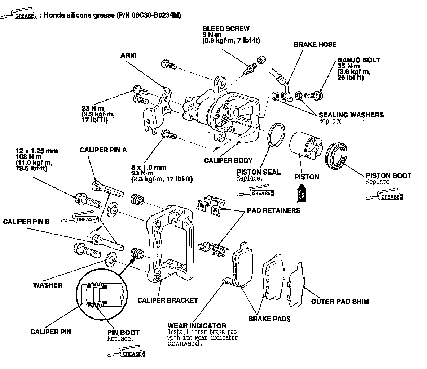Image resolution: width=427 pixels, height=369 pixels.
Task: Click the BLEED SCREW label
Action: (226, 29)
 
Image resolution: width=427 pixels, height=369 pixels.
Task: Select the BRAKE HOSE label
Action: (315, 44)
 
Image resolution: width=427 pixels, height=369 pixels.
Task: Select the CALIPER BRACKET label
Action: (167, 300)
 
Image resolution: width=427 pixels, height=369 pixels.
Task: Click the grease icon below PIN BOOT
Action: (127, 353)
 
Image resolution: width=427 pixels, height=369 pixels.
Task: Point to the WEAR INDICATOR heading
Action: (197, 326)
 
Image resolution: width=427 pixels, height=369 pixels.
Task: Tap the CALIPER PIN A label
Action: (103, 150)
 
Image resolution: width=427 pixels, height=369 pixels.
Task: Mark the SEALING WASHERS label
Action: (351, 115)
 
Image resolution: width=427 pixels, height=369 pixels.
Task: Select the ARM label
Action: (128, 55)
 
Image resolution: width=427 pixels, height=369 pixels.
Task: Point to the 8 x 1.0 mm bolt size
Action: (149, 167)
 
